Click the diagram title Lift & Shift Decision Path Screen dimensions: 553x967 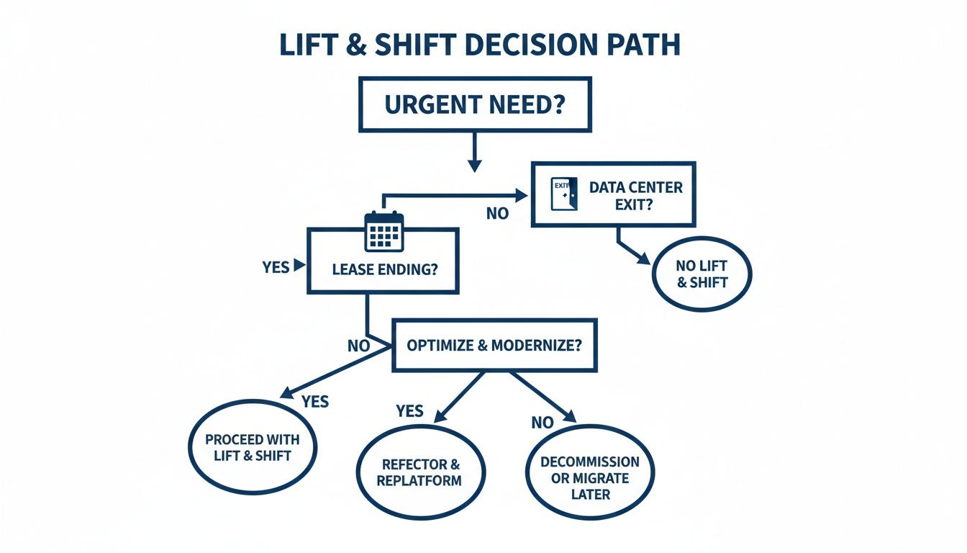[x=479, y=45]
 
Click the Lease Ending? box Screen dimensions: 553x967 [x=383, y=270]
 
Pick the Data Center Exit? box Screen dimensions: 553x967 [x=613, y=194]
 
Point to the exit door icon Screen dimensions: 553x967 [x=563, y=194]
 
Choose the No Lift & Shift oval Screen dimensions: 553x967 [x=702, y=274]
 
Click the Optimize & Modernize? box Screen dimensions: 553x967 [x=494, y=345]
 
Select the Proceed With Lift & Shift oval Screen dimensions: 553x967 [x=253, y=447]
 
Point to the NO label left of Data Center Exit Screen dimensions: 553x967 [x=497, y=213]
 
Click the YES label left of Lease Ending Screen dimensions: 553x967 [x=276, y=267]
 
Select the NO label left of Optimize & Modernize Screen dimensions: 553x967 [x=358, y=346]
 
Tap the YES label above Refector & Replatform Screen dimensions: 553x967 [x=409, y=411]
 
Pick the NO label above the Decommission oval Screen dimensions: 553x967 [x=542, y=423]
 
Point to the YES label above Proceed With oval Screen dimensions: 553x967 [x=315, y=401]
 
